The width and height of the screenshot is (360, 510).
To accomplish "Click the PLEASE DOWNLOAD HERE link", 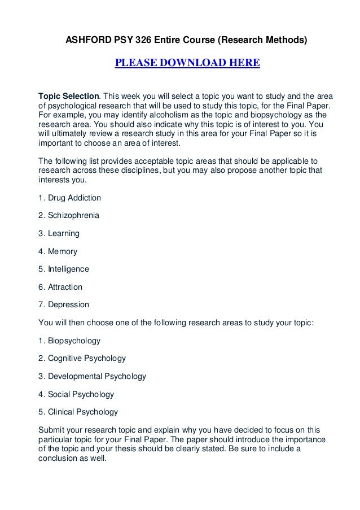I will click(x=187, y=62).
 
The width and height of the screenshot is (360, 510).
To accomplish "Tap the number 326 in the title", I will click(x=148, y=40).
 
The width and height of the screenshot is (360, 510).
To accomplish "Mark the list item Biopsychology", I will click(x=73, y=341).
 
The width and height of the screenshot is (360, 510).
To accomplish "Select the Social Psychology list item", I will click(x=80, y=394).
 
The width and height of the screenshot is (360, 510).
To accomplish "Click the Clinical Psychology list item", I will click(x=82, y=412).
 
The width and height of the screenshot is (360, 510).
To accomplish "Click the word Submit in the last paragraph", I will click(x=51, y=429).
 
